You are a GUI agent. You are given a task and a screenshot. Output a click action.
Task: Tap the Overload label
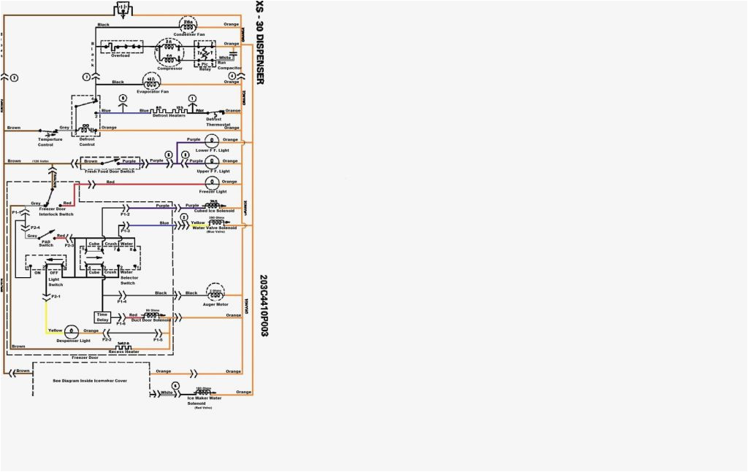coord(121,55)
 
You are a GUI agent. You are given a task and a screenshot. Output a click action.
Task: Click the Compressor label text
coord(169,69)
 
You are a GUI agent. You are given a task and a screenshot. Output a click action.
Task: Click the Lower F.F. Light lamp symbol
coord(212,139)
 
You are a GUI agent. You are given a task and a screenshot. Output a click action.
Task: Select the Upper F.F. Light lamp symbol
coord(212,160)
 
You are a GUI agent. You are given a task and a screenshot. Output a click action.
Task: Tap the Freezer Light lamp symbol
coord(212,182)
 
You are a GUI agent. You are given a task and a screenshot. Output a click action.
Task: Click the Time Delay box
coord(103,317)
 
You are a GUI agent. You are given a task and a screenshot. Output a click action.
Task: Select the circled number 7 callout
coord(86,76)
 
